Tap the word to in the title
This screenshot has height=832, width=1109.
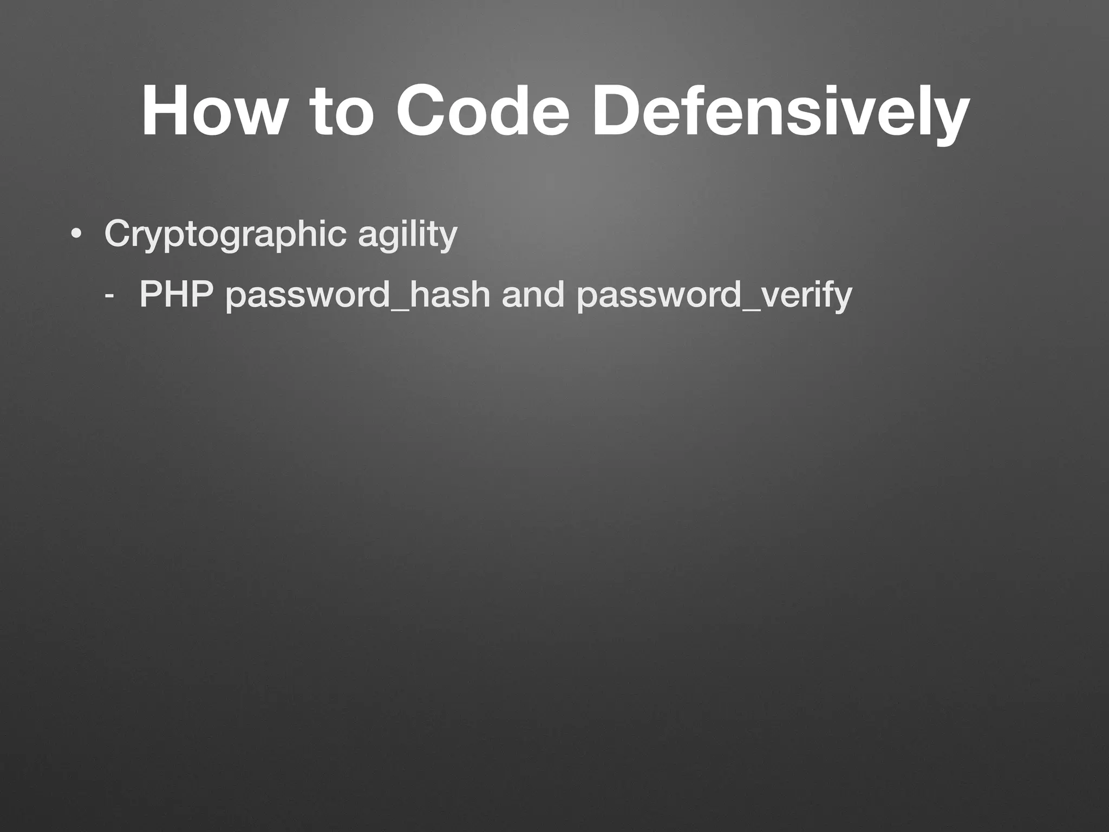pos(341,111)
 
